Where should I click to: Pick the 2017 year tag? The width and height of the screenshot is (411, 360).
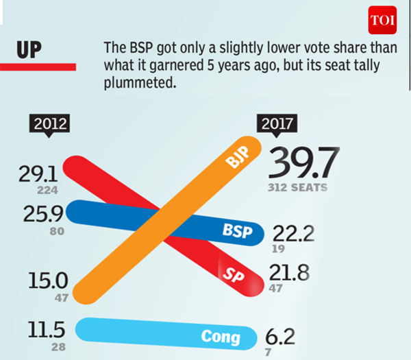pos(277,125)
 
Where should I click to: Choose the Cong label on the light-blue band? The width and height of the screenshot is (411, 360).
pos(221,337)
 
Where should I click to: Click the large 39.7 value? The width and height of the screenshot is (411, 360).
pos(305,164)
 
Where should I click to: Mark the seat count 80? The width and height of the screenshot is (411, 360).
pos(57,232)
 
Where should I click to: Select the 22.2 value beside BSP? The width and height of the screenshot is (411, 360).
pos(293,235)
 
